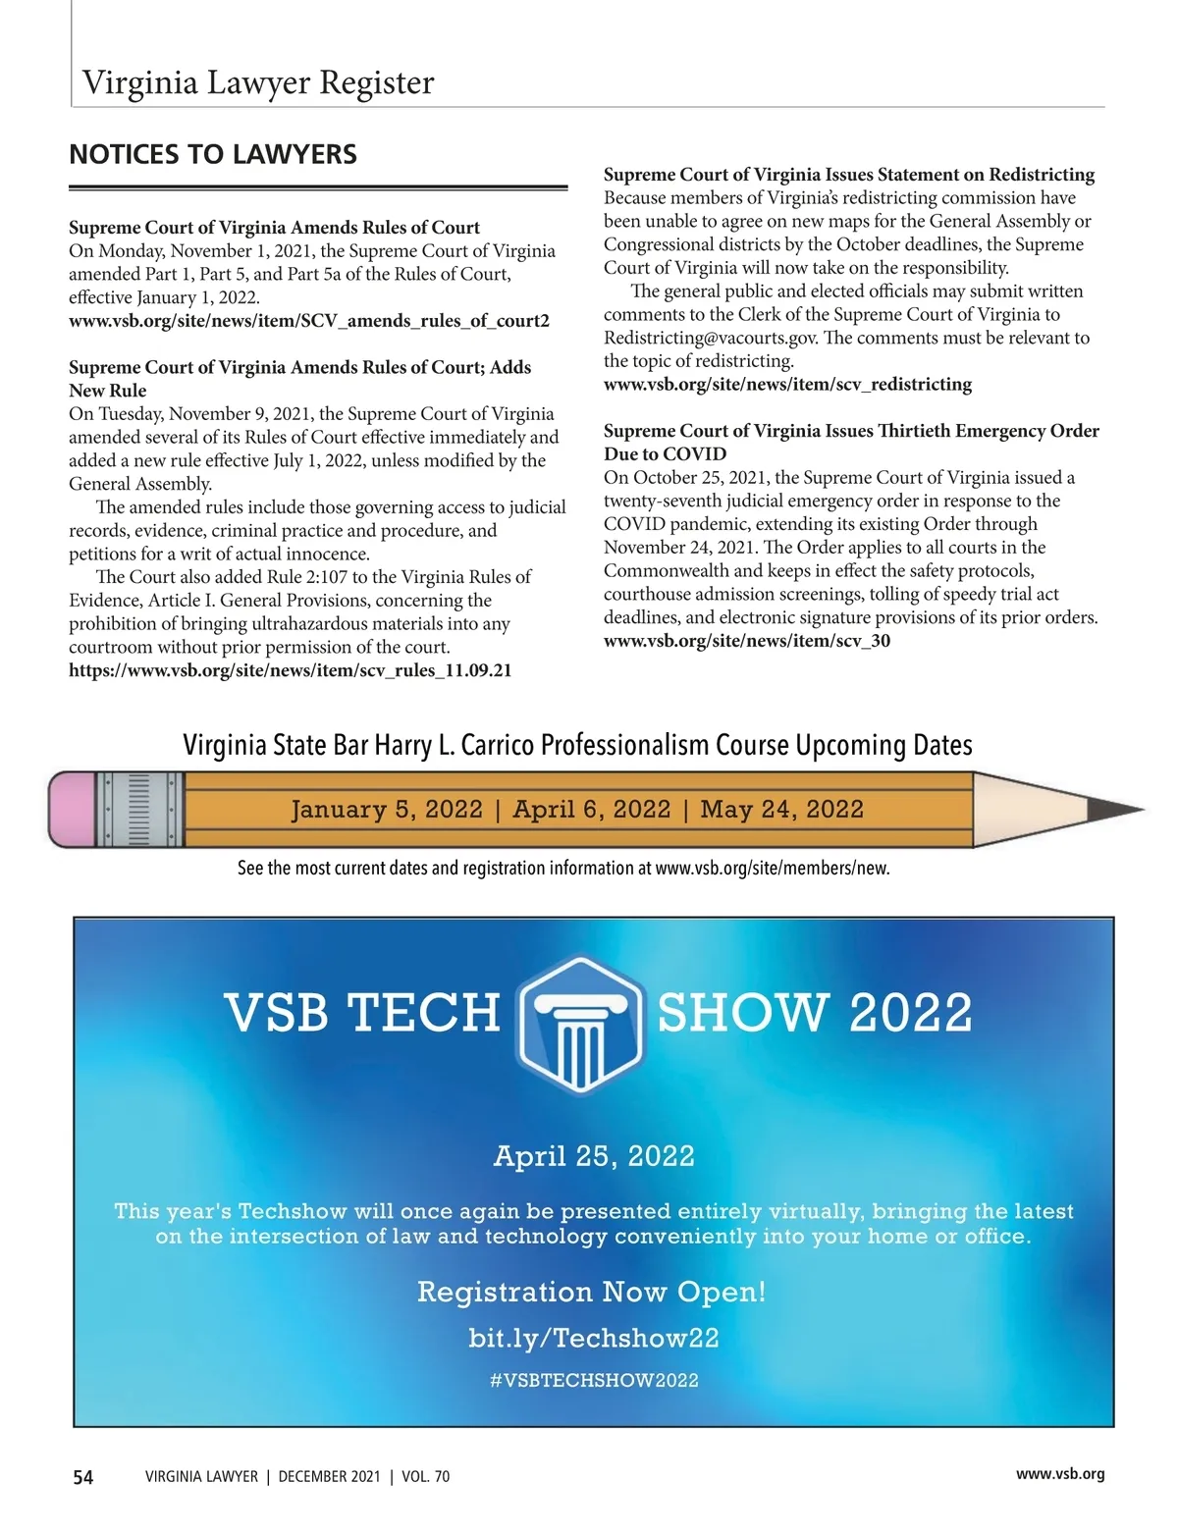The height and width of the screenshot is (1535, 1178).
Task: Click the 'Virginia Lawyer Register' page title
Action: [258, 82]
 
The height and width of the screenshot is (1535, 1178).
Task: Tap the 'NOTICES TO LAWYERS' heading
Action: [213, 155]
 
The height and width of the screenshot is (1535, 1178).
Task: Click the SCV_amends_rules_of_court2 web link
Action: [309, 321]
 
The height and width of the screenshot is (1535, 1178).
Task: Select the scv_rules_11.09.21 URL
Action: [290, 670]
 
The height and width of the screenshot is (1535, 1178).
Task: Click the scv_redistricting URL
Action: [787, 384]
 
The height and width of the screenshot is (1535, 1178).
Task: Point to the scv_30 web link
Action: [746, 641]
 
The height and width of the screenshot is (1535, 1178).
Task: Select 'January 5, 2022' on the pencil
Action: [387, 810]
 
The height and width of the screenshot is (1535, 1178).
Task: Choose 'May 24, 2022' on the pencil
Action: [781, 810]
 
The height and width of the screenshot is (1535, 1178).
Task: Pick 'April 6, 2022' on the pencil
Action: [591, 810]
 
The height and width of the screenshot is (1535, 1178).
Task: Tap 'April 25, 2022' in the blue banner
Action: [594, 1156]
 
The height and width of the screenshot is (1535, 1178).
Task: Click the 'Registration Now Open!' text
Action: [591, 1292]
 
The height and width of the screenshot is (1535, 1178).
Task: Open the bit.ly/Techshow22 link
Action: [594, 1338]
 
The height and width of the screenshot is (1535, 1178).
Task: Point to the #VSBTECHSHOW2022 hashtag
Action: [594, 1381]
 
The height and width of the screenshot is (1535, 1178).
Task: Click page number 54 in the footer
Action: [83, 1477]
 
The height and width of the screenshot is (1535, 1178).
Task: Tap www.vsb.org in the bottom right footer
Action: [1060, 1473]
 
